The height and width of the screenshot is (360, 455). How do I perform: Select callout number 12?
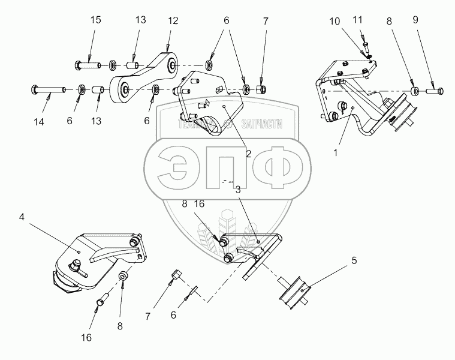(173, 21)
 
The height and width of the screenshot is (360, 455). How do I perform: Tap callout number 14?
(39, 122)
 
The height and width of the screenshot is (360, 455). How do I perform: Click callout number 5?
(354, 261)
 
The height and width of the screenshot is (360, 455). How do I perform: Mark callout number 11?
(358, 20)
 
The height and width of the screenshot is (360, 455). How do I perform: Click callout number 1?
(336, 152)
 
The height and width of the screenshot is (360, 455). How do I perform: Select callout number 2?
(248, 154)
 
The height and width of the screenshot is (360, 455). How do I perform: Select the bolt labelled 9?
(434, 91)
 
